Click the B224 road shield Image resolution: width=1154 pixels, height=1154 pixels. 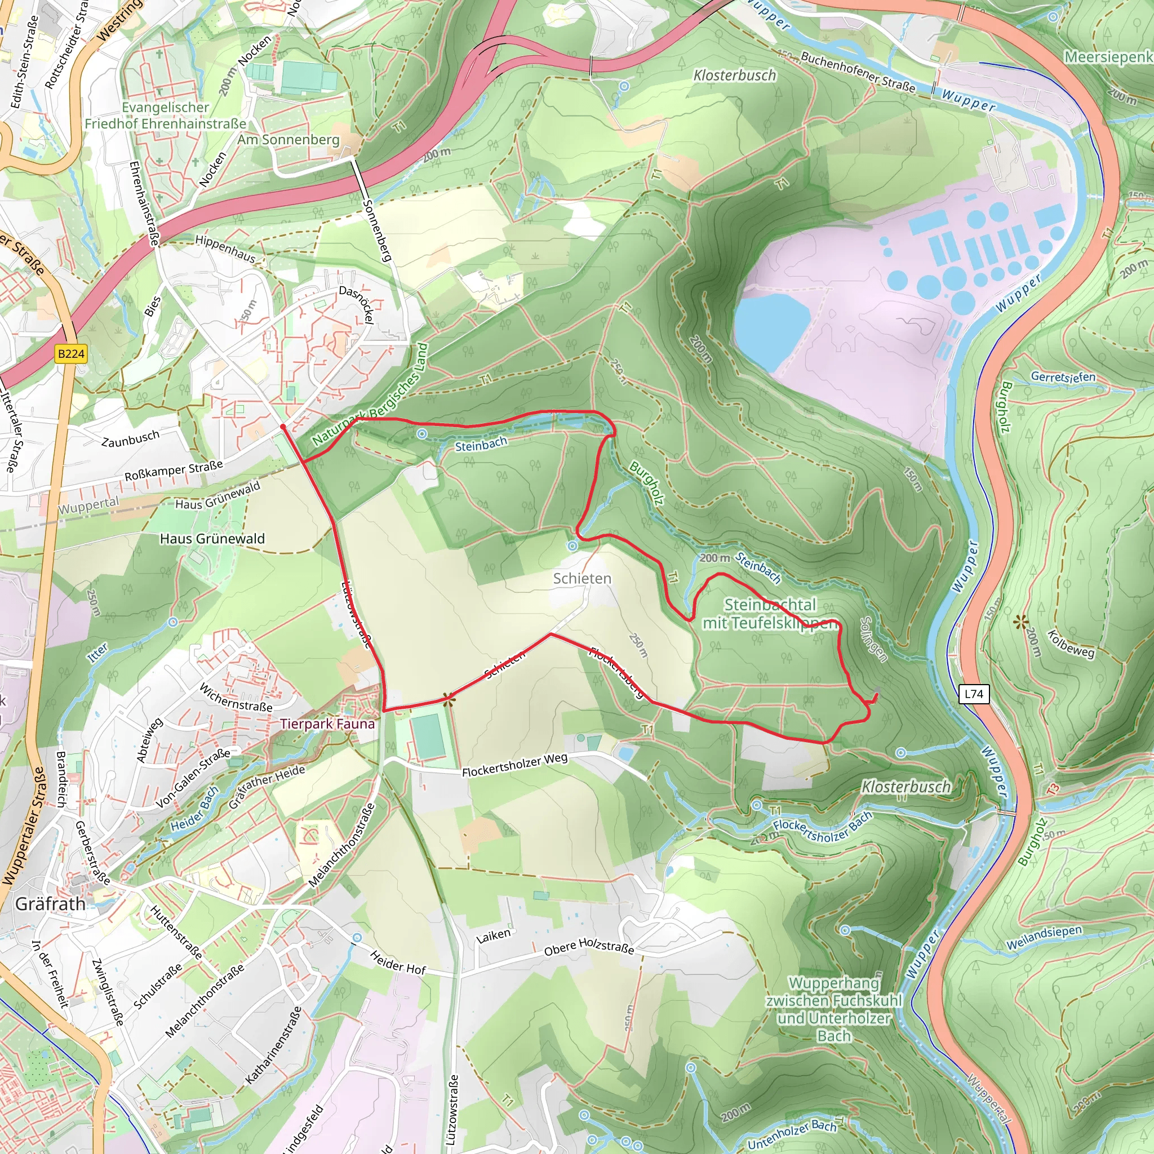tap(71, 354)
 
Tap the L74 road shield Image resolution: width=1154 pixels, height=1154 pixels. tap(974, 694)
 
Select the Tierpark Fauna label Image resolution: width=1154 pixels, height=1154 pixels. tap(327, 724)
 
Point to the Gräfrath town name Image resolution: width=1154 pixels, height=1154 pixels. tap(50, 904)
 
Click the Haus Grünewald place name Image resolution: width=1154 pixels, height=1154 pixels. tap(212, 539)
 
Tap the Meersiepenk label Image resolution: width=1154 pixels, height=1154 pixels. tap(1108, 57)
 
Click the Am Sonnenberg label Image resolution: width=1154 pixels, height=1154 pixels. tap(288, 140)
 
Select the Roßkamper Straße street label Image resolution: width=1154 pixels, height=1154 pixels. tap(173, 471)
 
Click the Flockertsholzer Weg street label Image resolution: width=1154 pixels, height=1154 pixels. tap(514, 765)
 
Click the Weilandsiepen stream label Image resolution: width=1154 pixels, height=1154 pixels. tap(1044, 938)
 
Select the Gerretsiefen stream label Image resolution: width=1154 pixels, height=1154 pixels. tap(1063, 377)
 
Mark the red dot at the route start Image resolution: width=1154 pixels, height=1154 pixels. tap(282, 427)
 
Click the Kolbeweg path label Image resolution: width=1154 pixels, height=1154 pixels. tap(1071, 644)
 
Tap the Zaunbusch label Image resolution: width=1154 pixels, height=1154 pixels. tap(130, 438)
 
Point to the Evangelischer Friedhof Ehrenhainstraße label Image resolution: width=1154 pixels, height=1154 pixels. tap(166, 116)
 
